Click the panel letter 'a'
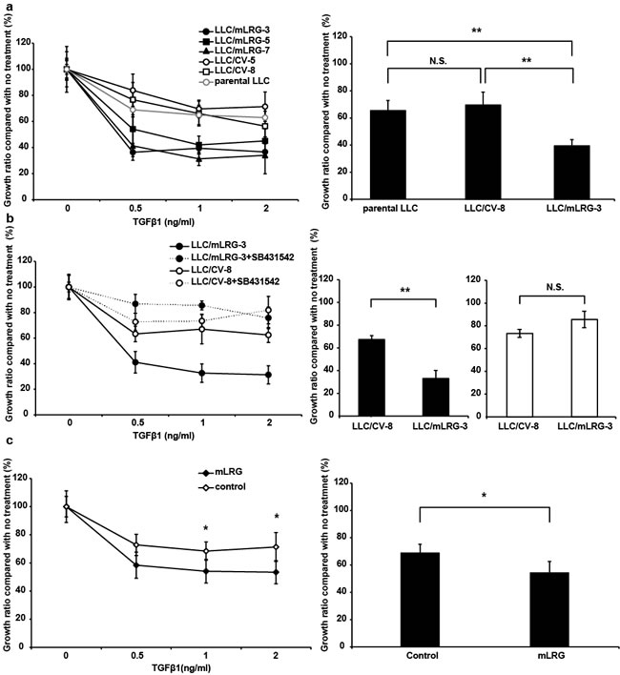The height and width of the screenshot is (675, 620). tap(6, 7)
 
